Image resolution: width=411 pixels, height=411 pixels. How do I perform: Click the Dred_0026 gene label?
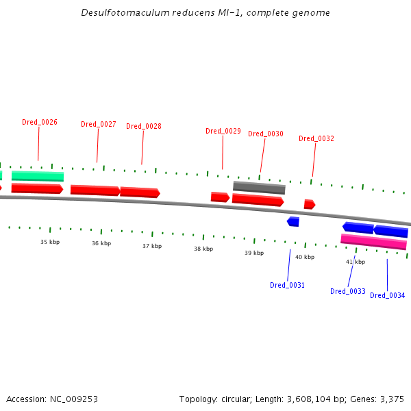[x=40, y=122]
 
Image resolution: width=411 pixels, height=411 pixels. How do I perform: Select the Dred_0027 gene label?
[x=99, y=124]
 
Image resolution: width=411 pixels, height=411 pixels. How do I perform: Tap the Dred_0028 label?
[x=144, y=126]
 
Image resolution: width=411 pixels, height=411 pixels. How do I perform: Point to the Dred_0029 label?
[x=223, y=131]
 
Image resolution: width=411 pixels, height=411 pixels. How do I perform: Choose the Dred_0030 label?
[x=266, y=134]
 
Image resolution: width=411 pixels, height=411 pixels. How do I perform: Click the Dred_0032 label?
[x=316, y=138]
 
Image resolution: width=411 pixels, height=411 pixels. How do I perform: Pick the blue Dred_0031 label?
[x=287, y=285]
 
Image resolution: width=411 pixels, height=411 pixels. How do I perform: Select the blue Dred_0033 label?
[x=348, y=291]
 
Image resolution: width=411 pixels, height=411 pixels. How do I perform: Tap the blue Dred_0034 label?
[x=388, y=295]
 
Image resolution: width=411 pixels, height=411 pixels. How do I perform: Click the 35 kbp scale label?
[x=50, y=242]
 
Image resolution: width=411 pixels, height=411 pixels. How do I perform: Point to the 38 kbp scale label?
[x=203, y=249]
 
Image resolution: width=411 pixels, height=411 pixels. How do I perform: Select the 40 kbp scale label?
[x=305, y=257]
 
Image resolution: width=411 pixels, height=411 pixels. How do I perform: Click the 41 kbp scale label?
[x=356, y=262]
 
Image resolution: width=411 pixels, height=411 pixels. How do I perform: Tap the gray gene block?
[x=259, y=187]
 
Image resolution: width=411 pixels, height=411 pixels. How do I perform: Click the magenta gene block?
[x=373, y=241]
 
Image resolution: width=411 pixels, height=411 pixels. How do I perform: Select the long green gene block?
[x=38, y=176]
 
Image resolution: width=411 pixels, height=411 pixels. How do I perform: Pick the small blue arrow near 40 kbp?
[x=293, y=221]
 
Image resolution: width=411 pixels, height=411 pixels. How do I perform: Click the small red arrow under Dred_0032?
[x=309, y=204]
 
